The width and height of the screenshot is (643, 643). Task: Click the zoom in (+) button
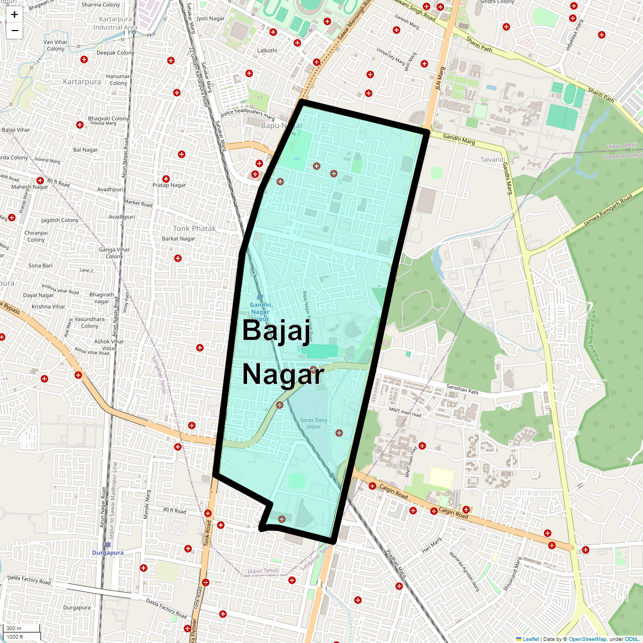(14, 15)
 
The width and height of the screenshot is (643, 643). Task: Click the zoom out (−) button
(14, 31)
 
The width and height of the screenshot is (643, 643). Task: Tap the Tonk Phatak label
(194, 228)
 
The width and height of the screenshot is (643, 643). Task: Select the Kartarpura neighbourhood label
(82, 82)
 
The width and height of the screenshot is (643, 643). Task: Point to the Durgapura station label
(108, 552)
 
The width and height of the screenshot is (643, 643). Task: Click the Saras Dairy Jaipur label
(313, 423)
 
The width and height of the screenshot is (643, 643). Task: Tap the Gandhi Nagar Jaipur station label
(260, 312)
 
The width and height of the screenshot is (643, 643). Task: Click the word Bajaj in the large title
(276, 330)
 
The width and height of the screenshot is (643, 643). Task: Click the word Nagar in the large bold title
(283, 375)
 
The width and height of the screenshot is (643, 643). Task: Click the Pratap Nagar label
(169, 185)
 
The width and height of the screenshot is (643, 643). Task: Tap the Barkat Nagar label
(178, 239)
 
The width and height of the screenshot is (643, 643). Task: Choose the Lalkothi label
(267, 51)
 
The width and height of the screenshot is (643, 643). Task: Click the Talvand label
(492, 160)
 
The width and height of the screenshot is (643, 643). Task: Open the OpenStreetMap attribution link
(587, 639)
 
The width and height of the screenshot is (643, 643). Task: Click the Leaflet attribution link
(530, 639)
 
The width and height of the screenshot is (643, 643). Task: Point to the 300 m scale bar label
(14, 629)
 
